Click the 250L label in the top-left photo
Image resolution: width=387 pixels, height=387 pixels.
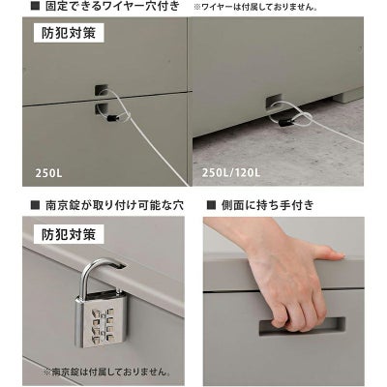coord(48,173)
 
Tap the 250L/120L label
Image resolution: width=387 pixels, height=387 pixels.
coord(231,172)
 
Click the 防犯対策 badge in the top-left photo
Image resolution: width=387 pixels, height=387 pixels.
coord(69,33)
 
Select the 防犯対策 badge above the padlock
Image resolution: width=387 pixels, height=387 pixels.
coord(69,234)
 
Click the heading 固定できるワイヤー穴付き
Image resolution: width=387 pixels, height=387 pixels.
coord(112,7)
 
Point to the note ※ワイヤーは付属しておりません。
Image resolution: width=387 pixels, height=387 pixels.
coord(255,7)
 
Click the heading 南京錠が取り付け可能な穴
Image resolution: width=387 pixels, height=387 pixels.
coord(114,205)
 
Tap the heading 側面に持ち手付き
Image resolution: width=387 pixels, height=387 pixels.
coord(267,205)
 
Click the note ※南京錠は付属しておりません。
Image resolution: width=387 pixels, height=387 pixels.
coord(107,372)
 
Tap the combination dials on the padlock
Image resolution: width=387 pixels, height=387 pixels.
coord(103,324)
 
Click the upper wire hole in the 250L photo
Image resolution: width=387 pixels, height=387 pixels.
coord(101,90)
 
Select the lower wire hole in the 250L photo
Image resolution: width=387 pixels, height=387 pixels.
coord(101,109)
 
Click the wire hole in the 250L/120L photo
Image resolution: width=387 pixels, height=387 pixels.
coord(274,101)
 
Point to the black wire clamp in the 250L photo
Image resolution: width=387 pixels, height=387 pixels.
coord(111,118)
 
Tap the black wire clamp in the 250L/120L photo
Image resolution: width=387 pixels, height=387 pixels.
coord(283,123)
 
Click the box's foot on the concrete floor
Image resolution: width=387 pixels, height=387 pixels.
coord(344,97)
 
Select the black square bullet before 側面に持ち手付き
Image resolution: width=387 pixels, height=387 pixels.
coord(211,205)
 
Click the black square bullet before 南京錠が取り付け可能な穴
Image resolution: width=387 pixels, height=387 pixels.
coord(35,205)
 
